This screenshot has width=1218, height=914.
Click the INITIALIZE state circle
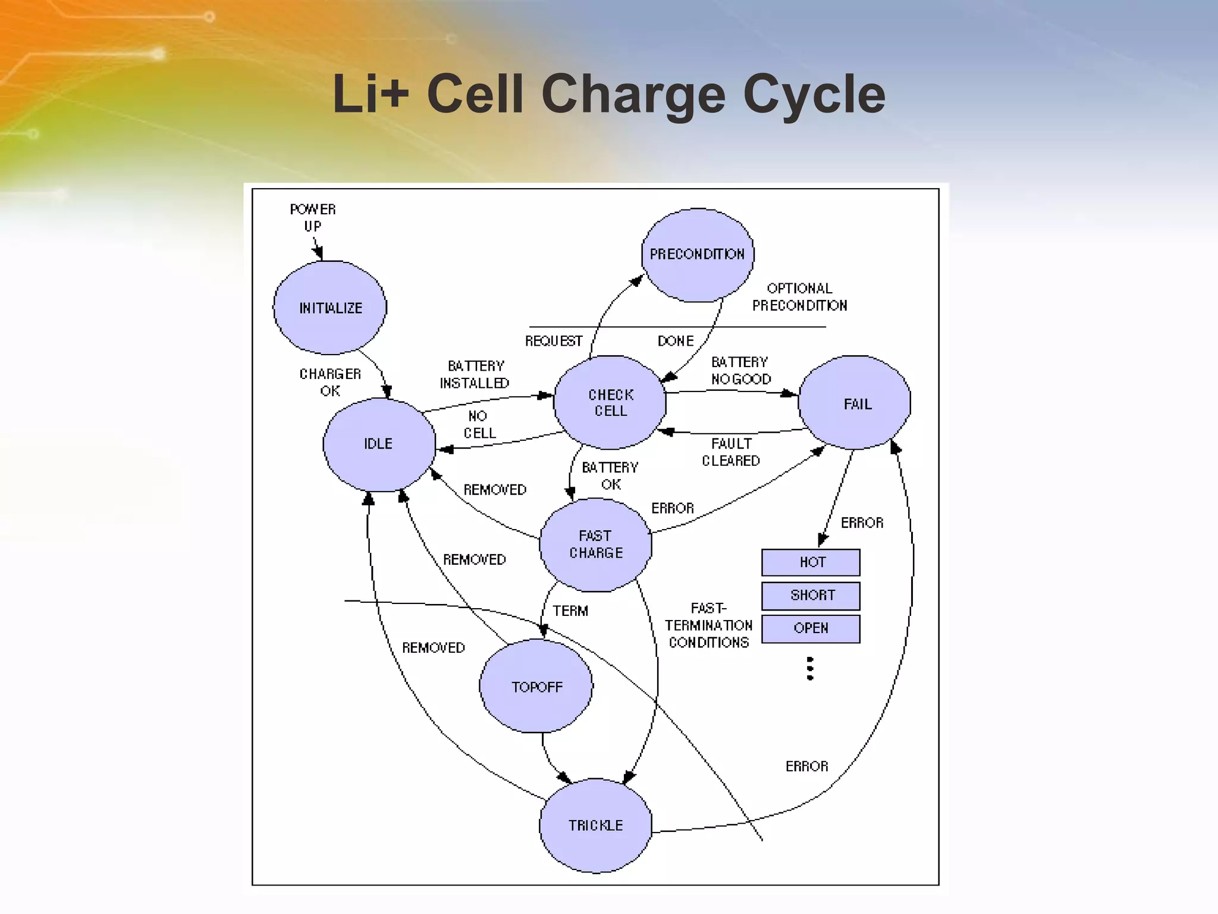[x=330, y=308]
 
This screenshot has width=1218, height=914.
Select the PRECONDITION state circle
[x=698, y=255]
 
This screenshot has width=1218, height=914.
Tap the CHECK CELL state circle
[x=610, y=403]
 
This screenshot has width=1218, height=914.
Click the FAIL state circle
[x=855, y=403]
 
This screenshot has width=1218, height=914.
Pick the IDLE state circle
[x=379, y=444]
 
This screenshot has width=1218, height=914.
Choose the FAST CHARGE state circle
[x=595, y=544]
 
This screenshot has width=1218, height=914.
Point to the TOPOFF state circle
[x=536, y=687]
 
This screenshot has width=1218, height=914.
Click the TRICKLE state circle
[x=595, y=825]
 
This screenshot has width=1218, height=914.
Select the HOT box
[x=811, y=562]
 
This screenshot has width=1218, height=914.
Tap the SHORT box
[x=811, y=595]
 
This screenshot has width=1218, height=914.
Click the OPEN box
[x=811, y=628]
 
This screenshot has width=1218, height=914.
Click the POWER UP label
[x=313, y=218]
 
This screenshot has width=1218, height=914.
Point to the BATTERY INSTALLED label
[x=475, y=374]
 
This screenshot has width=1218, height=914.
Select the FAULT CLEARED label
[x=731, y=452]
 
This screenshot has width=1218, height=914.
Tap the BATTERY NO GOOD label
[x=740, y=371]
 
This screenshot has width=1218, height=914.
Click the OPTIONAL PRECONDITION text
[x=799, y=297]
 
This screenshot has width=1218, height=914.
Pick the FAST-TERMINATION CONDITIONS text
[x=708, y=625]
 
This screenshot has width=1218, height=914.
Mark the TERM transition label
[x=570, y=611]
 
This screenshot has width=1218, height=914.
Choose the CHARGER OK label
[x=330, y=382]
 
